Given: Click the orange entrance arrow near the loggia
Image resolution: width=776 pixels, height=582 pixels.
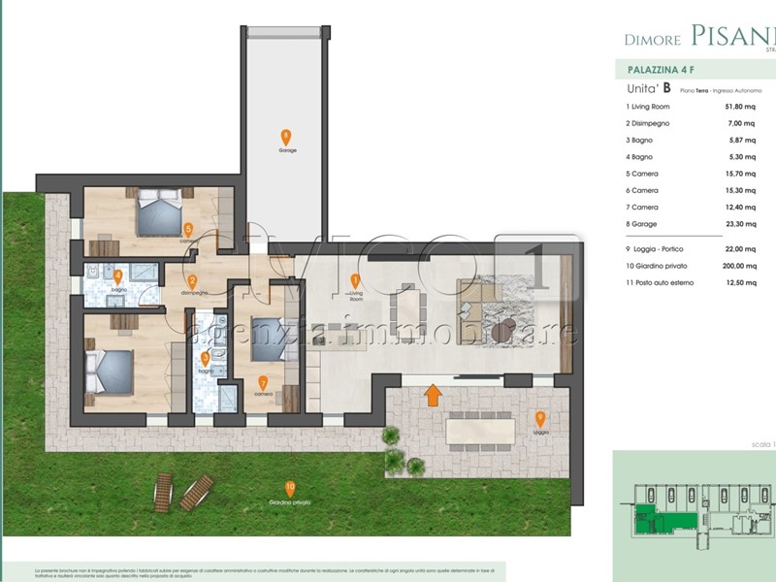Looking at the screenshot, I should tap(433, 395).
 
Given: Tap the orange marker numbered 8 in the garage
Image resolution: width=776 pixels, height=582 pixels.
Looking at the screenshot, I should tap(285, 137).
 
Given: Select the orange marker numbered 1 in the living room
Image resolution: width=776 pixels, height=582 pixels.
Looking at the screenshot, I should tap(355, 281).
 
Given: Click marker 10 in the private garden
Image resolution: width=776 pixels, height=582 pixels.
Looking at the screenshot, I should tap(289, 488).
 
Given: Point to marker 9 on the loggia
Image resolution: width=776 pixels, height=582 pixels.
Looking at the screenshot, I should tap(541, 418).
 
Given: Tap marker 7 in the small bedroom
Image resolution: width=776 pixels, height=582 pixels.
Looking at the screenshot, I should tap(263, 381).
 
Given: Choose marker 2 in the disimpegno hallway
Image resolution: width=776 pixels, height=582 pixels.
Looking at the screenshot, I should tap(192, 282).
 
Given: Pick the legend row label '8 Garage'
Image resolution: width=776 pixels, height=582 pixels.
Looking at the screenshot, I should tap(644, 224).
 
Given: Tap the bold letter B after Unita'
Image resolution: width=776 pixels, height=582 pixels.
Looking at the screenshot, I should tap(667, 88).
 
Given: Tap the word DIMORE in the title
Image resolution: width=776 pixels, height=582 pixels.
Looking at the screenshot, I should tap(652, 40).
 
